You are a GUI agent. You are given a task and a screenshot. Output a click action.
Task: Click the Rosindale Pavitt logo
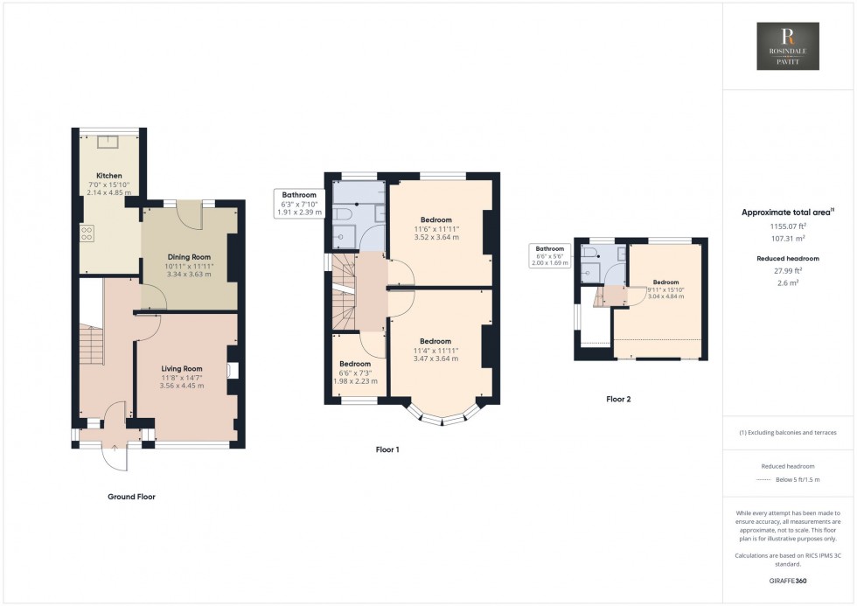tap(787, 46)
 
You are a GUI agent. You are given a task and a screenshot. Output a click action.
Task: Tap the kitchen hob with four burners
tap(88, 233)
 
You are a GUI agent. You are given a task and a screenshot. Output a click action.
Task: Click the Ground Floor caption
tap(131, 497)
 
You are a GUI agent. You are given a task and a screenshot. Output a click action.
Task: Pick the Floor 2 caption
tap(618, 399)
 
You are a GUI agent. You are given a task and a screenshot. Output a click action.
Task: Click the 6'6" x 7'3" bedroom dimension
tap(354, 373)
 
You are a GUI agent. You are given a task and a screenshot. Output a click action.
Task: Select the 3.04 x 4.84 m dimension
tap(665, 296)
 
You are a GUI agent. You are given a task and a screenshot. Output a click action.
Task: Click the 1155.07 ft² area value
tap(787, 226)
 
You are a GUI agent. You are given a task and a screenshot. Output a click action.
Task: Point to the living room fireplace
tap(232, 370)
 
